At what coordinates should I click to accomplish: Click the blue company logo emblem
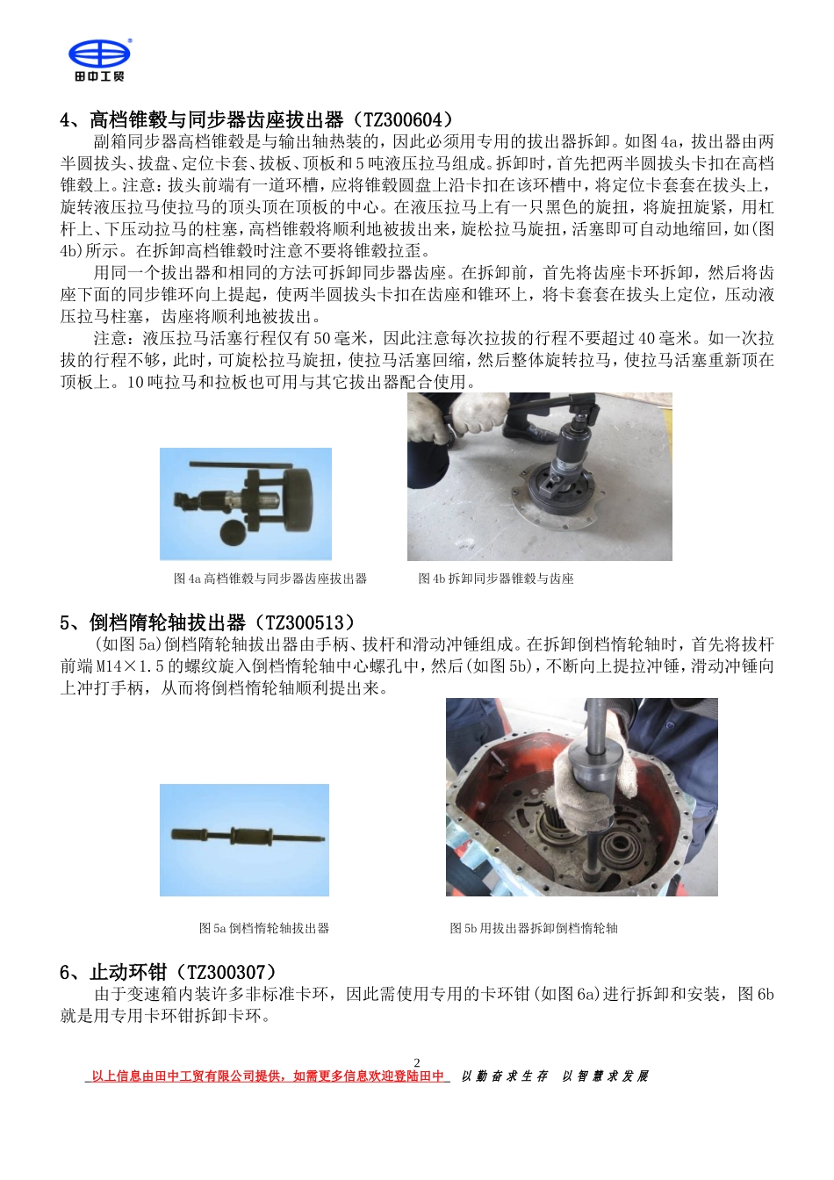click(x=99, y=54)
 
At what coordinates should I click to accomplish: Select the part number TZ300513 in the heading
click(x=305, y=623)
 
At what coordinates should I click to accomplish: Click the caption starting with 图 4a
click(x=270, y=579)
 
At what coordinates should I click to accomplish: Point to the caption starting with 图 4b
click(x=495, y=579)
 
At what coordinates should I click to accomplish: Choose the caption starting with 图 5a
click(x=263, y=928)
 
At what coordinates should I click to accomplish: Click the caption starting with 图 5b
click(x=533, y=928)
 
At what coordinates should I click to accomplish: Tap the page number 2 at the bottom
click(x=417, y=1062)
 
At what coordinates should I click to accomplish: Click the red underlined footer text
click(x=268, y=1076)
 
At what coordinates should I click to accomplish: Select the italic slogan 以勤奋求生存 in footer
click(x=504, y=1076)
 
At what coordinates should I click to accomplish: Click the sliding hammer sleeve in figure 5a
click(x=245, y=835)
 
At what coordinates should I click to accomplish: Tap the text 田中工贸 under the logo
click(x=99, y=77)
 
